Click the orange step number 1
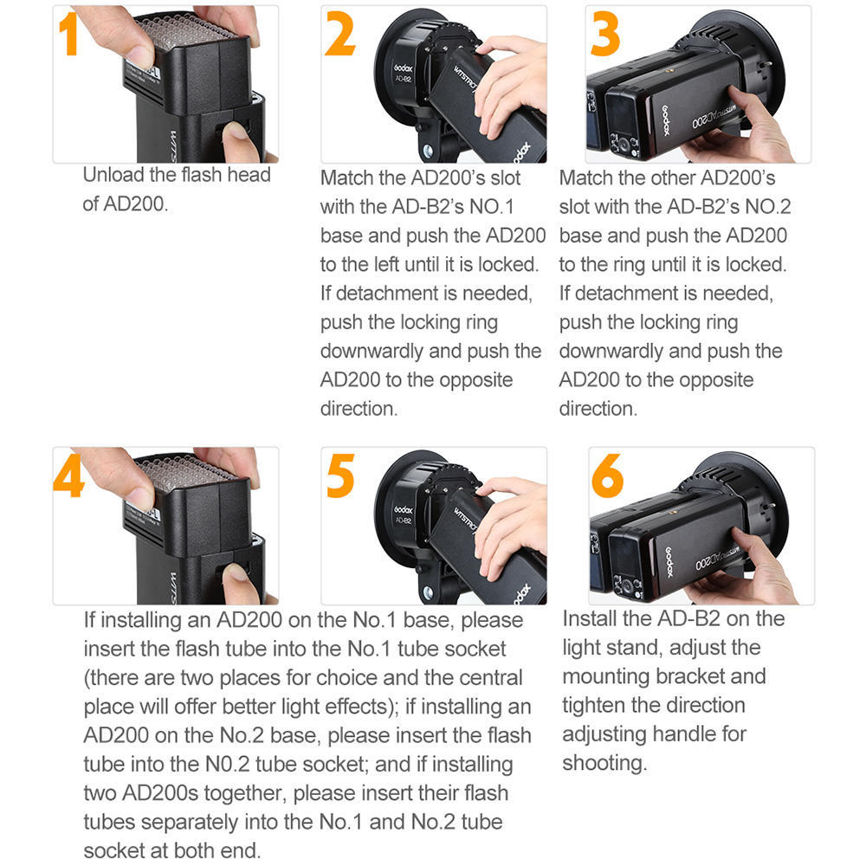69,35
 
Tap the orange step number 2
339,36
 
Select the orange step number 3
605,36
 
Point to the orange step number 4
69,475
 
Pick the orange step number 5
340,476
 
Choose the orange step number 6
607,476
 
